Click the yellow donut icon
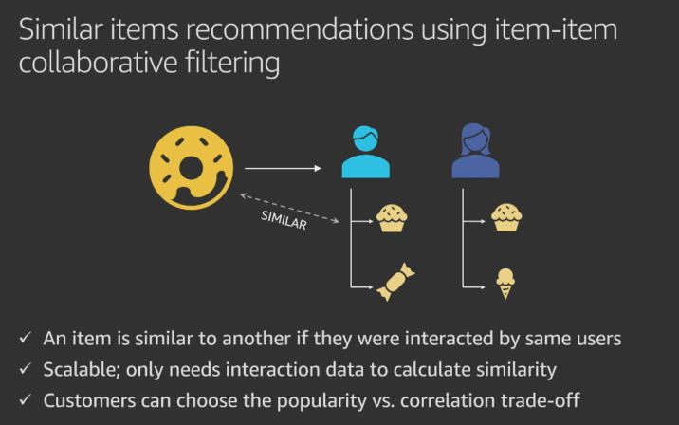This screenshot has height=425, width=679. [x=191, y=168]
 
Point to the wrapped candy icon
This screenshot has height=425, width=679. [x=395, y=283]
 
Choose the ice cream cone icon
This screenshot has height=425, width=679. [x=506, y=283]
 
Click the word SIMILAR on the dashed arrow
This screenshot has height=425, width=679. [x=284, y=219]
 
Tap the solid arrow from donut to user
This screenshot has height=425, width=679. [x=283, y=169]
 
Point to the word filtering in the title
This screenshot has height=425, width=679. [x=235, y=64]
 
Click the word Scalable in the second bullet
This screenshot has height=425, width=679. [x=77, y=369]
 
